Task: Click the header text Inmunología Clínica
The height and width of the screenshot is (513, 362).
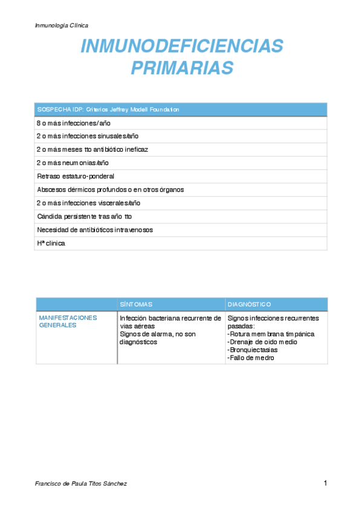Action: (62, 25)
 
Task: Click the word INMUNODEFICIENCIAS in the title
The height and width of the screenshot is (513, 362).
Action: (182, 46)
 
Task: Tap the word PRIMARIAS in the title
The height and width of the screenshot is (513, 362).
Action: (182, 67)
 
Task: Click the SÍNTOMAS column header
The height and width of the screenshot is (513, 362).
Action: (136, 304)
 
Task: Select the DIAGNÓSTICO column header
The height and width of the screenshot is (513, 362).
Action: (249, 304)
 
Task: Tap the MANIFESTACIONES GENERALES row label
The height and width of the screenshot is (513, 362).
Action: (68, 321)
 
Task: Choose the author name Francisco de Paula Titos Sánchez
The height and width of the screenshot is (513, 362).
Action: (81, 484)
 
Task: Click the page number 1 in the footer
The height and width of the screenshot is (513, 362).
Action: (325, 483)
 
